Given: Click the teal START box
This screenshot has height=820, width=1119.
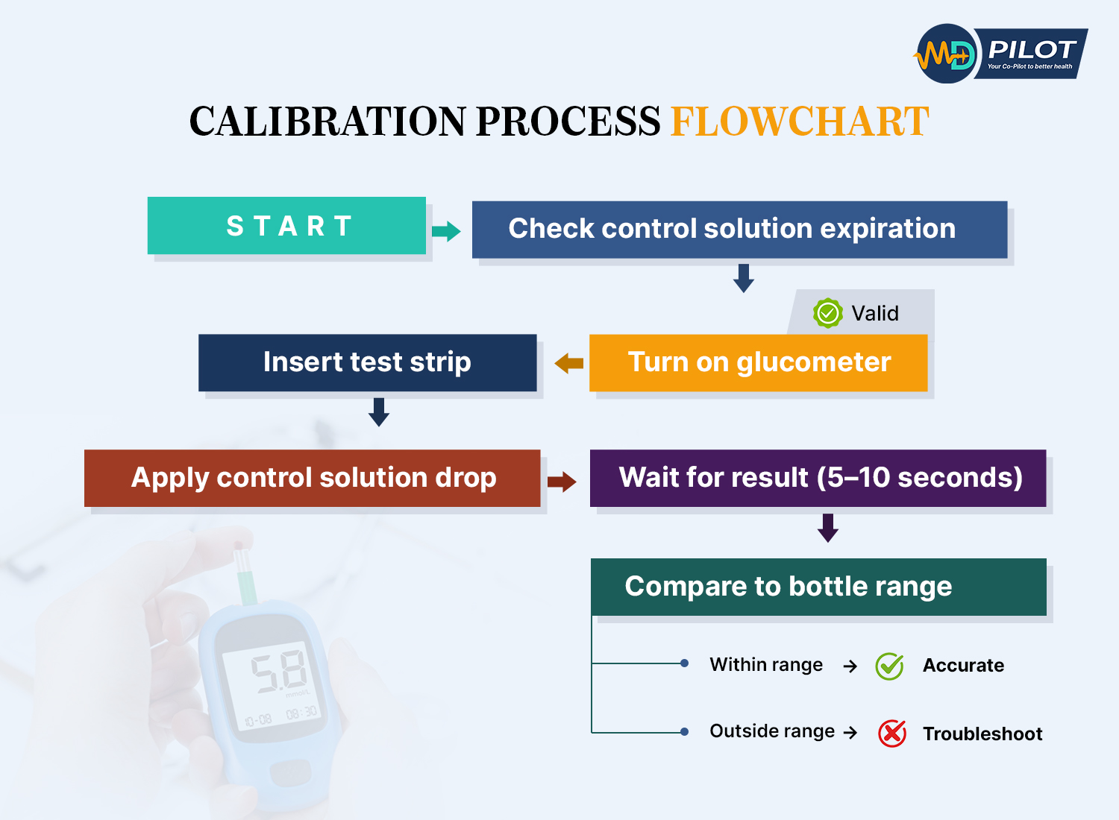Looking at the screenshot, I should [x=286, y=226].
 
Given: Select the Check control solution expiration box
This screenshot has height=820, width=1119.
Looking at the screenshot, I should [x=739, y=230].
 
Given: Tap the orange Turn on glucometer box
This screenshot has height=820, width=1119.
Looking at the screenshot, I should [x=758, y=363].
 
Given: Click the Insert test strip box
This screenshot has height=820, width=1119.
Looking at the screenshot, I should [x=367, y=363].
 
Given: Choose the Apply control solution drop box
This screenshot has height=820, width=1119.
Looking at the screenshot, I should [x=312, y=479].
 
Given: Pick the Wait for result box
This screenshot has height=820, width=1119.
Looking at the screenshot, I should [x=818, y=479].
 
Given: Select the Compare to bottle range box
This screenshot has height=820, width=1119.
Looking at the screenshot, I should [x=818, y=587].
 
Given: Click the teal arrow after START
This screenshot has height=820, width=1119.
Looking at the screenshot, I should [x=446, y=231].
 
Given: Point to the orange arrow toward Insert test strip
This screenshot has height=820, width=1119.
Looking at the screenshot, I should [x=569, y=364].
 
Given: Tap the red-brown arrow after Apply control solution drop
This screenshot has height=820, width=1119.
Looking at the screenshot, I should [x=562, y=482].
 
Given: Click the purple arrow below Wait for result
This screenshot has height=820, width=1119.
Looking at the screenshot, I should [x=828, y=528].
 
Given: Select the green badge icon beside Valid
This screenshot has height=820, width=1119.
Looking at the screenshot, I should [x=827, y=313].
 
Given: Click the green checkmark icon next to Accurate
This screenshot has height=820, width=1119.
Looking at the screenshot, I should [x=889, y=666].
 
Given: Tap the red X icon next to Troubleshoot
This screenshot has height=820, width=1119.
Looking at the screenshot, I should [x=891, y=734].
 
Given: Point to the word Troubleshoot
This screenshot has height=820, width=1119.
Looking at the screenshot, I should [x=982, y=734].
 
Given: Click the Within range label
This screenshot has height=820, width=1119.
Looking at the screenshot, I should [x=766, y=665].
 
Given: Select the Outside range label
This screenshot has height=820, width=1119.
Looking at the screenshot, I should [x=772, y=731].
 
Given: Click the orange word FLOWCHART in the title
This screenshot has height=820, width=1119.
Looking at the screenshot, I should [x=800, y=122].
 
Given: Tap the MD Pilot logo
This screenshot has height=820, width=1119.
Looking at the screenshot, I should [x=1000, y=54].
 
